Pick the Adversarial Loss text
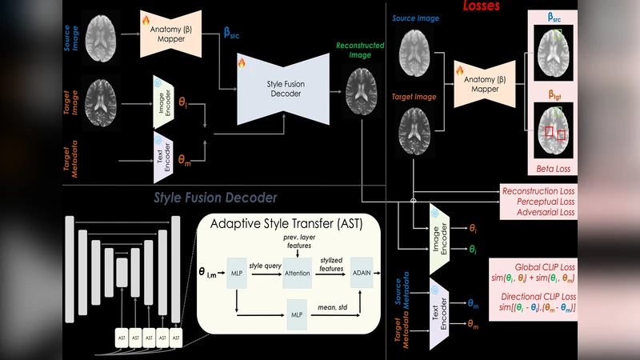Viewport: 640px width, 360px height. [x=541, y=213]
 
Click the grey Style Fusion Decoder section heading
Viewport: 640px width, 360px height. [x=215, y=198]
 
